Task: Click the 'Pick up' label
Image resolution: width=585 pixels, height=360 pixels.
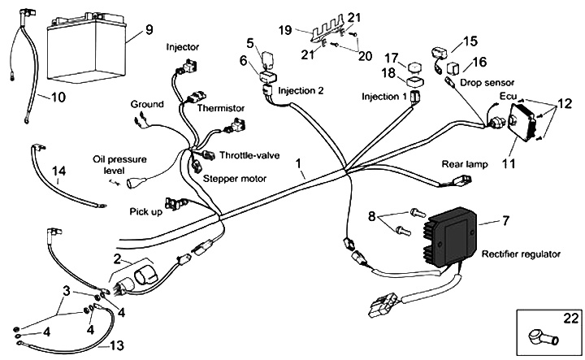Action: tap(146, 212)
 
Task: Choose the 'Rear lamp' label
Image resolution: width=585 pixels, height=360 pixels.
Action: tap(465, 164)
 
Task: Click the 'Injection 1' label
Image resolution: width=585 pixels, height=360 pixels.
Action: tap(384, 97)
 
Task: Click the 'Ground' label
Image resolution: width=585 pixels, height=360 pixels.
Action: tap(146, 104)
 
